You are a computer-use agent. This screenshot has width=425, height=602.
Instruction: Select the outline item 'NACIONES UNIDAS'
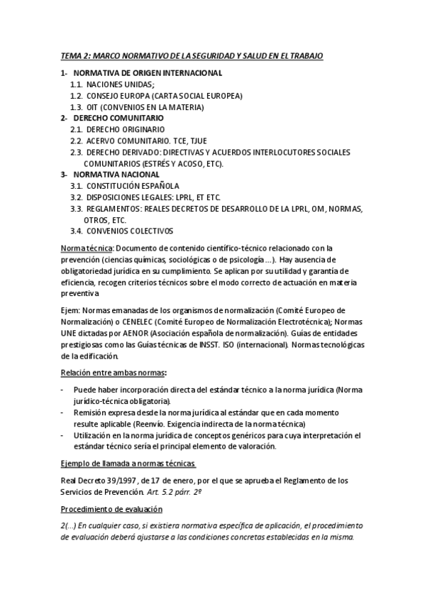click(x=115, y=84)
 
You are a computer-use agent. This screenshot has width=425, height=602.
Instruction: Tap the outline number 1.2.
click(x=77, y=95)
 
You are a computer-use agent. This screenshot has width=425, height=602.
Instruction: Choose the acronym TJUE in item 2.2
click(x=187, y=141)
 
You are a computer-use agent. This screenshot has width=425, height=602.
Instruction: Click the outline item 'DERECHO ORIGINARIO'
click(x=126, y=129)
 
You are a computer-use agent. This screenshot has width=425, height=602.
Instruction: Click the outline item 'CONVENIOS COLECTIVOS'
click(x=130, y=231)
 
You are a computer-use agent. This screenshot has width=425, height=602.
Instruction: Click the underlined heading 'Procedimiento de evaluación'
click(x=111, y=509)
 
